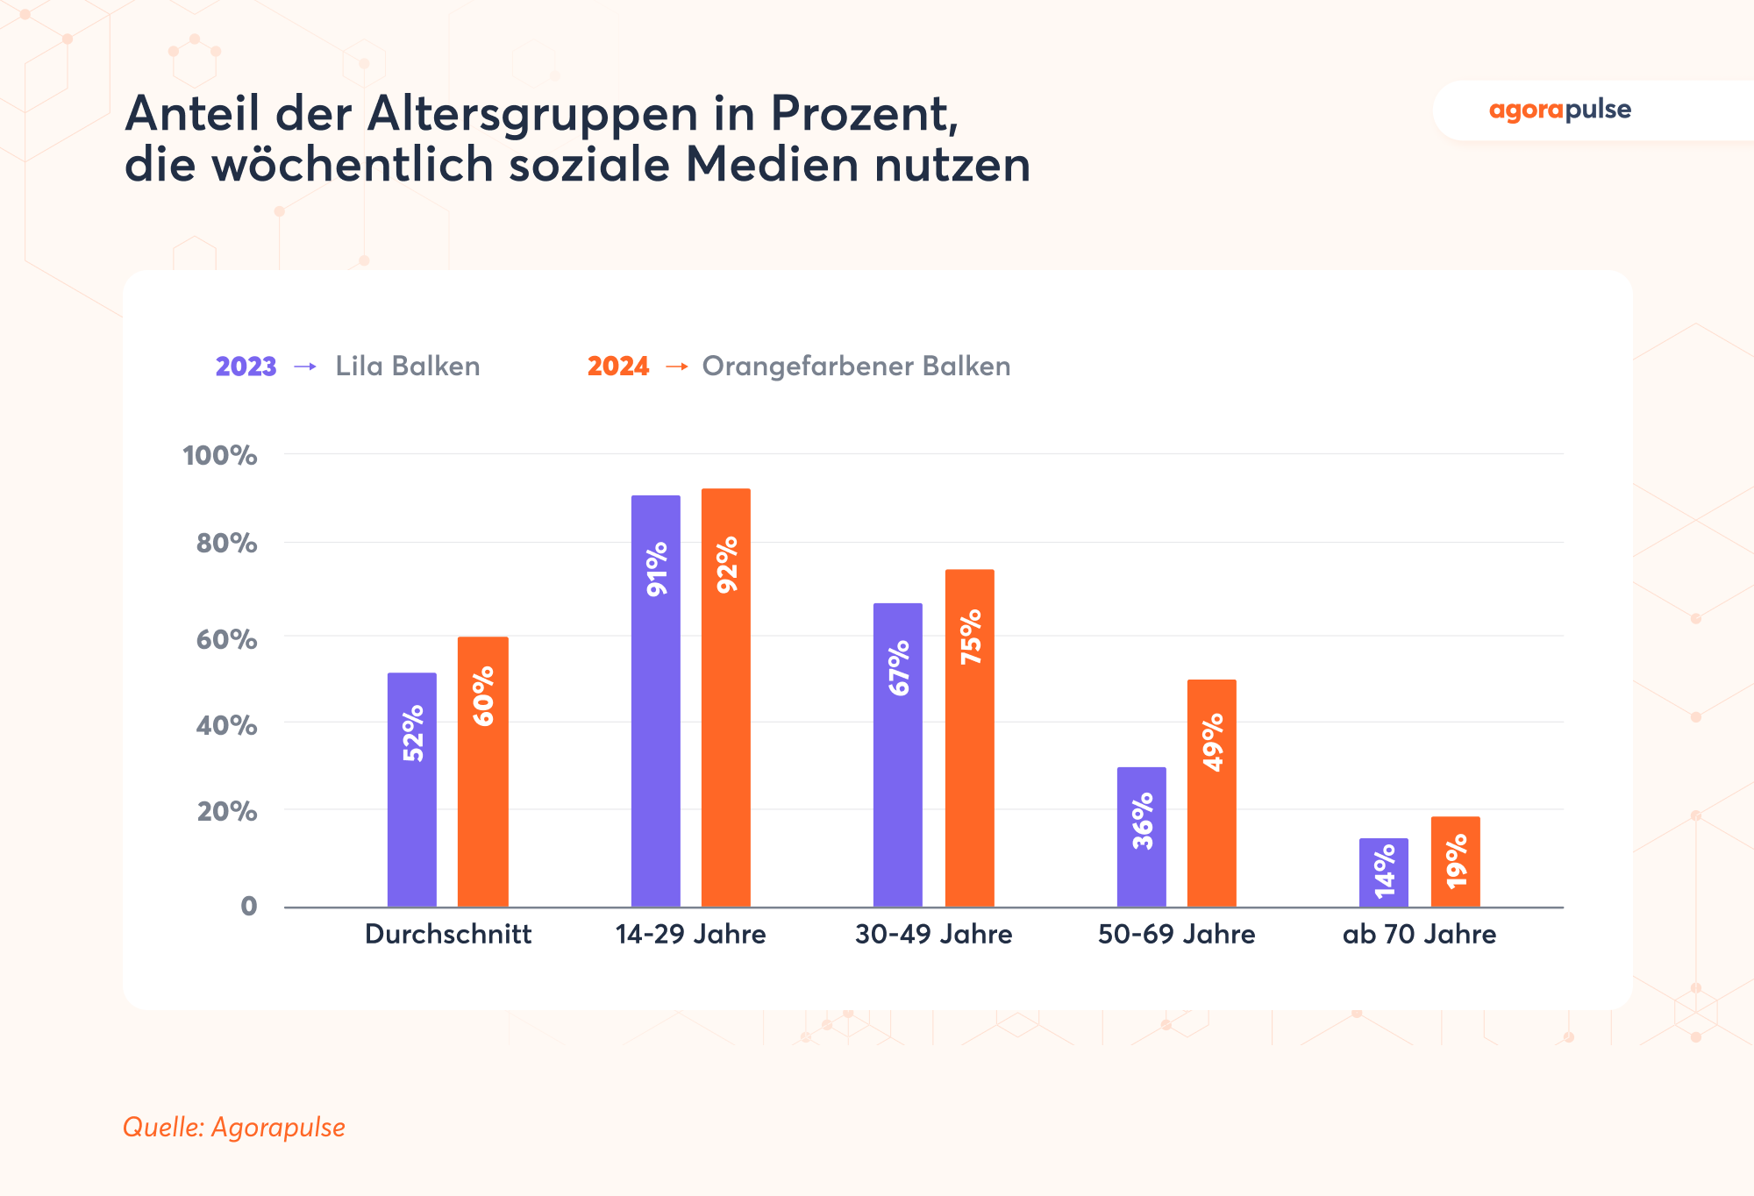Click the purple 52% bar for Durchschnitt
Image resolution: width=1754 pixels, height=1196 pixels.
click(x=412, y=789)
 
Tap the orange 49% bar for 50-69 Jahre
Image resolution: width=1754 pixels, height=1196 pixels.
click(x=1212, y=794)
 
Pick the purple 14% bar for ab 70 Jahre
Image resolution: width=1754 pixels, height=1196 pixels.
click(x=1384, y=872)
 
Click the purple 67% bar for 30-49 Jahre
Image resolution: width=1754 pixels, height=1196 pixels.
click(x=898, y=754)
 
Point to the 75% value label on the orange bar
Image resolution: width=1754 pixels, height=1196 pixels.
click(x=971, y=637)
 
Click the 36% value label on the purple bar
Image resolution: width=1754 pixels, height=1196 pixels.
click(x=1143, y=821)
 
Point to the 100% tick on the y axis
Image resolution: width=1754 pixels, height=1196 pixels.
click(x=219, y=455)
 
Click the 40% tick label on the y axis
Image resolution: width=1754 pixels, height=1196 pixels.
click(x=226, y=725)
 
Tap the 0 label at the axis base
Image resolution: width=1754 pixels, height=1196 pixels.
click(x=249, y=906)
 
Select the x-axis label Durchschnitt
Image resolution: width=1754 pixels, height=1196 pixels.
click(x=448, y=934)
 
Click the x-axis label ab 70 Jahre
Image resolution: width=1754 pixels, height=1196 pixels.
click(x=1419, y=934)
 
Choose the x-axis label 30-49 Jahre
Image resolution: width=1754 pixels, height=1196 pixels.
click(x=933, y=934)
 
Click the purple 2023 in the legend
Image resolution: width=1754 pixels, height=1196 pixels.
click(x=246, y=367)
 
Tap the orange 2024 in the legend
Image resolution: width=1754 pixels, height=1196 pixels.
click(x=618, y=367)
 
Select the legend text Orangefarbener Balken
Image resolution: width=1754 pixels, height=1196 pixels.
click(x=856, y=367)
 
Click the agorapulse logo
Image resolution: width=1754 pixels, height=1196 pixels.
click(x=1559, y=110)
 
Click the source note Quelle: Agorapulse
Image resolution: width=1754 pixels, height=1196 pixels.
click(x=234, y=1127)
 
